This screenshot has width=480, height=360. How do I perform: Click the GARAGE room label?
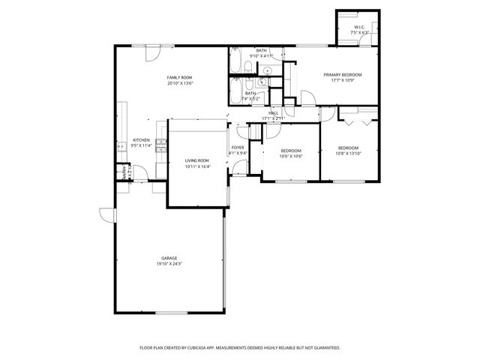tap(168, 258)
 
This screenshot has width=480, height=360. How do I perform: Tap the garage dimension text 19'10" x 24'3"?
tap(168, 264)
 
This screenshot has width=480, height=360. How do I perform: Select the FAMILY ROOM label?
tap(179, 78)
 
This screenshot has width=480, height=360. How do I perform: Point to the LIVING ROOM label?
tap(197, 160)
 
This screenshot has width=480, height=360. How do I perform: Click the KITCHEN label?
tap(141, 140)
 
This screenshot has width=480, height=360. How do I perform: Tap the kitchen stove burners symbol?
tap(160, 148)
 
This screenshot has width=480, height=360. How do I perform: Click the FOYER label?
tap(237, 148)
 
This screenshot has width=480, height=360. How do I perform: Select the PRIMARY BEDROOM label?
tap(343, 74)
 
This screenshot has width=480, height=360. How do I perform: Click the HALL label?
tap(273, 112)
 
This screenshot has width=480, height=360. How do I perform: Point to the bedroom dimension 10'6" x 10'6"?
tap(291, 156)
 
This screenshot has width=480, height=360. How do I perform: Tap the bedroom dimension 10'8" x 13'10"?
tap(348, 153)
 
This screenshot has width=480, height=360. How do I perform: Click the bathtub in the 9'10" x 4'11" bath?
tap(236, 58)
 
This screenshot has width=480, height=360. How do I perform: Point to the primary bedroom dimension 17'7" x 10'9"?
tap(343, 80)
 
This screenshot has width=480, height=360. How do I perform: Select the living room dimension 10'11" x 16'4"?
tap(197, 166)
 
